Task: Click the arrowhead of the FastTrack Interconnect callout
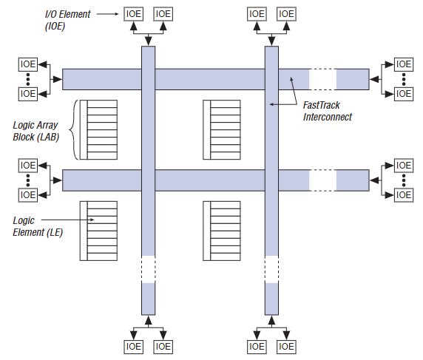tap(273, 105)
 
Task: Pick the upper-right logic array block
tap(222, 129)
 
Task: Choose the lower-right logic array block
tap(222, 230)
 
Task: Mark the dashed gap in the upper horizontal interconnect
tap(322, 79)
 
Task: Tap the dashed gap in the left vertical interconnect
tap(148, 269)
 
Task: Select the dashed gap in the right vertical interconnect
tap(271, 269)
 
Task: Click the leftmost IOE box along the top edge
tap(134, 13)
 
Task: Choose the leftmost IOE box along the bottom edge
tap(134, 346)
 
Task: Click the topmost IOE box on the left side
tap(27, 64)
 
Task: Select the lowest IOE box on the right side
tap(403, 195)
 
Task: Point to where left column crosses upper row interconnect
tap(148, 79)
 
